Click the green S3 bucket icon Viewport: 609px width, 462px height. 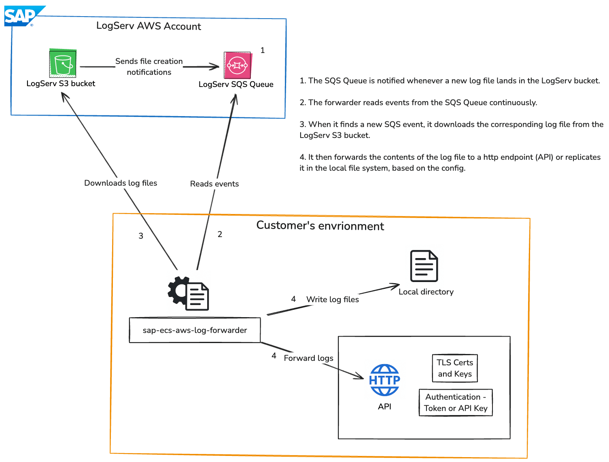coord(63,64)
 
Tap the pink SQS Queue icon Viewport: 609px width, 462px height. coord(238,65)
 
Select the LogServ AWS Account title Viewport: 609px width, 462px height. coord(149,26)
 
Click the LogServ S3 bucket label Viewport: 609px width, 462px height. coord(61,84)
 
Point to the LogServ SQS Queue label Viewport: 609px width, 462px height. coord(236,85)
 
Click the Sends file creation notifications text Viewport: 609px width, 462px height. coord(149,67)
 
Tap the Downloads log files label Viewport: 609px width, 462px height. coord(121,183)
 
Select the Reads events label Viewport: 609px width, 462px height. coord(214,184)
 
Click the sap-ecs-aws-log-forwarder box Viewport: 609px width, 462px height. coord(195,330)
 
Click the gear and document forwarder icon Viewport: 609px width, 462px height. coord(189,293)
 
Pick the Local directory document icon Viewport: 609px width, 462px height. coord(424,266)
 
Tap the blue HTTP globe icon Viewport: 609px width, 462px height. coord(384,380)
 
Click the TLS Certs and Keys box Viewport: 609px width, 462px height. coord(455,368)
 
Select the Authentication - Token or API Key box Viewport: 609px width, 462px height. coord(456,403)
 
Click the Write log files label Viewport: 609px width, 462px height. coord(333,300)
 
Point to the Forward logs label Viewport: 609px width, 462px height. coord(308,358)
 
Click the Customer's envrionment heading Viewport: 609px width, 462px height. coord(320,226)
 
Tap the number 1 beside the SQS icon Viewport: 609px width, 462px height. coord(263,51)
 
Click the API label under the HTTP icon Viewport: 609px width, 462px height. coord(384,407)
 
